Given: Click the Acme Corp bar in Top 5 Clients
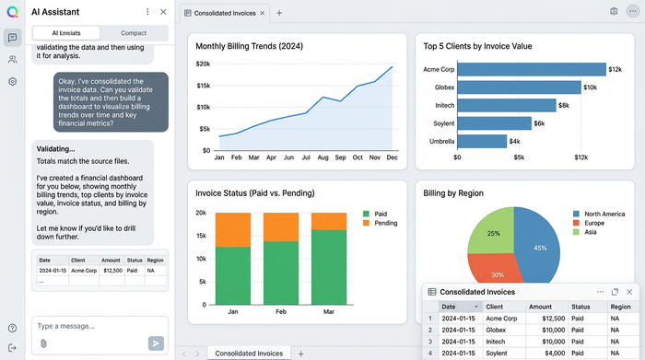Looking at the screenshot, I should (531, 69).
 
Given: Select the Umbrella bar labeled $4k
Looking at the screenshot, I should (482, 141).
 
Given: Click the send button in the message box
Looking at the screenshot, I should (156, 343).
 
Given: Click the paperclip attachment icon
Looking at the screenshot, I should (43, 343).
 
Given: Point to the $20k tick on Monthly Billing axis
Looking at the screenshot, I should (203, 64).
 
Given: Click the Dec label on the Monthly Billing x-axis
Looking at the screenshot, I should (392, 157).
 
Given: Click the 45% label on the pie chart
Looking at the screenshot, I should (541, 248).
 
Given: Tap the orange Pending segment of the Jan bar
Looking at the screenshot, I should (232, 229).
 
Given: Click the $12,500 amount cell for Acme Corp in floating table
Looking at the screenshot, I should (541, 318).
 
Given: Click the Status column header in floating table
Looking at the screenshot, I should (580, 307).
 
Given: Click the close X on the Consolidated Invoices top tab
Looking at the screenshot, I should (263, 13).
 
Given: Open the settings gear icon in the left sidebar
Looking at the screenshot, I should (12, 81).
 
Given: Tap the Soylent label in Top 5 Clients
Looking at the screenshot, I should (439, 123).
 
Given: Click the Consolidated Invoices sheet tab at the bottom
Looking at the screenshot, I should (249, 354).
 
